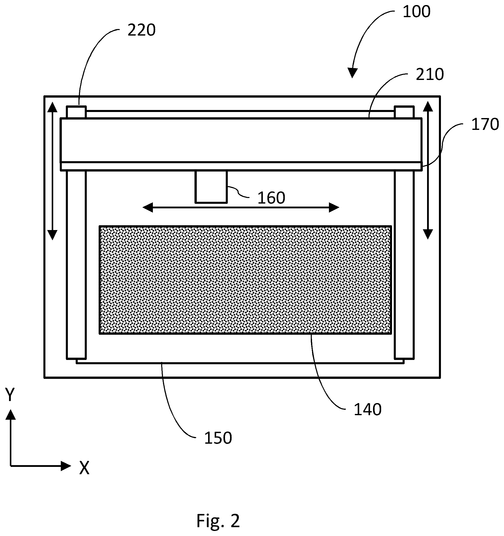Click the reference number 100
click(416, 12)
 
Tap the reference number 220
click(142, 30)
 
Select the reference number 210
click(430, 74)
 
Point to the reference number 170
click(485, 124)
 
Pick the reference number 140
click(368, 409)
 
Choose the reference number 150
click(218, 438)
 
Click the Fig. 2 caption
click(218, 521)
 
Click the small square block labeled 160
click(211, 187)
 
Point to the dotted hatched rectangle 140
click(245, 280)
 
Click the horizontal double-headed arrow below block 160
click(241, 208)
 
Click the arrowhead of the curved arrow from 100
click(352, 73)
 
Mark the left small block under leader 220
click(76, 112)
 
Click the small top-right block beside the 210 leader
click(404, 112)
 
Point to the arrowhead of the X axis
click(66, 466)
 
